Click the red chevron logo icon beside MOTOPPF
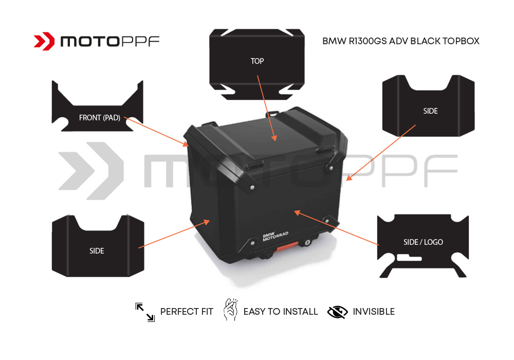[x=44, y=41]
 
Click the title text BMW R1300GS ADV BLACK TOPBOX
[x=400, y=41]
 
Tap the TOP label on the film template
[x=257, y=61]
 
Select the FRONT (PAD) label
[x=99, y=118]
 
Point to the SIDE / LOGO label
[x=423, y=242]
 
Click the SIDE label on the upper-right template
[x=430, y=111]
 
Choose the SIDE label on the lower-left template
[x=97, y=251]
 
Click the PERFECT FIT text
[x=187, y=312]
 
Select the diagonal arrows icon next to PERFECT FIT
[x=145, y=312]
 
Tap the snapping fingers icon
[x=229, y=311]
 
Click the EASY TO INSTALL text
[x=280, y=312]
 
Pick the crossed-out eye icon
[x=337, y=312]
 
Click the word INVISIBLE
[x=374, y=312]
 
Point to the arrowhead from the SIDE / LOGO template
[x=296, y=211]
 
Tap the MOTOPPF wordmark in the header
[x=110, y=41]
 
